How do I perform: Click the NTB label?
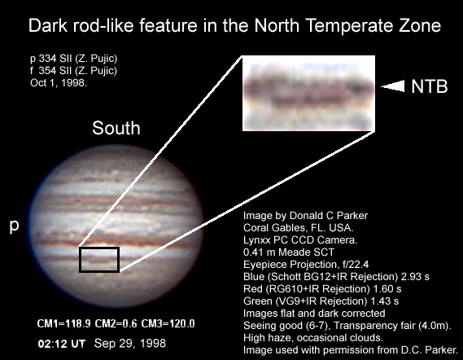pyautogui.click(x=430, y=86)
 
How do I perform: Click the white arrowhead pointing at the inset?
pyautogui.click(x=392, y=86)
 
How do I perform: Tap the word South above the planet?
pyautogui.click(x=116, y=128)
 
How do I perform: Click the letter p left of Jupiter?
pyautogui.click(x=14, y=226)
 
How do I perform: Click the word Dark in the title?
pyautogui.click(x=48, y=25)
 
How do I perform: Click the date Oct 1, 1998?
pyautogui.click(x=59, y=83)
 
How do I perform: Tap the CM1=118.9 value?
pyautogui.click(x=63, y=323)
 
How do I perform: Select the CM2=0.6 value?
pyautogui.click(x=116, y=323)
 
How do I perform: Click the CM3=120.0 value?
pyautogui.click(x=168, y=323)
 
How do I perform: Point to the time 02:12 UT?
pyautogui.click(x=61, y=344)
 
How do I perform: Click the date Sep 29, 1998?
pyautogui.click(x=130, y=344)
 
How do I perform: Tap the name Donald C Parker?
pyautogui.click(x=329, y=216)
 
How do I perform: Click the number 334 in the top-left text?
pyautogui.click(x=47, y=59)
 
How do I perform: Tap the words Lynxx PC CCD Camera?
pyautogui.click(x=300, y=240)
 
